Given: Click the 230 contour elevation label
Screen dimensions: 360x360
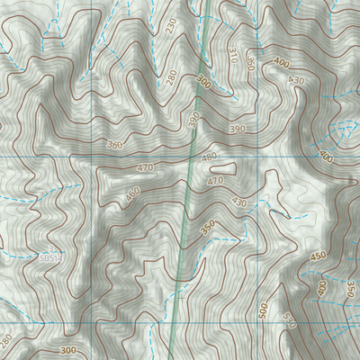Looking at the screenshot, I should (172, 27).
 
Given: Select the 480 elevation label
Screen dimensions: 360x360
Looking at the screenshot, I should (209, 157).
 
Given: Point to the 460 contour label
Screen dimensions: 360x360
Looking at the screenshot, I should (133, 194).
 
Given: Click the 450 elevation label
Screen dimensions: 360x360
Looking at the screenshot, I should (318, 256).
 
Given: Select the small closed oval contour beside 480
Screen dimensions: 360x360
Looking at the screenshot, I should (225, 166).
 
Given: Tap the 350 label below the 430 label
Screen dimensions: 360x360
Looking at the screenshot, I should (209, 229).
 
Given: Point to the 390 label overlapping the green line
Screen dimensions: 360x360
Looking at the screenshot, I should (193, 121).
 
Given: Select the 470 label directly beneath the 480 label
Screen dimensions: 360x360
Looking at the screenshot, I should (215, 181).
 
